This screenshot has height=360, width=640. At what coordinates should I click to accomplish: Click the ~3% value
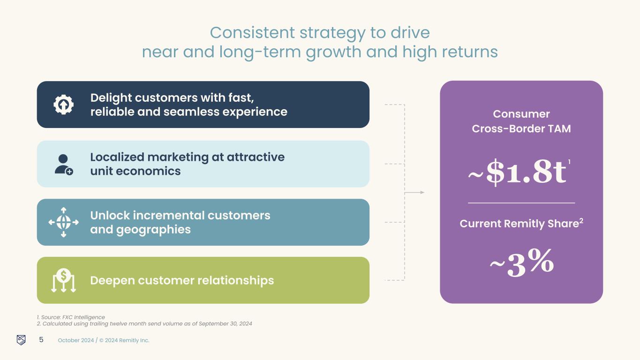pos(521,263)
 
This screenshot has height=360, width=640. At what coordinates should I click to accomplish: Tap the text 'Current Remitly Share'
pos(519,224)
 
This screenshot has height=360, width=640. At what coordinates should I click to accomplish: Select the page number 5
pos(41,340)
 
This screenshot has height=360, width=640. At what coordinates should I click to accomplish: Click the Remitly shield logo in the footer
pos(21,340)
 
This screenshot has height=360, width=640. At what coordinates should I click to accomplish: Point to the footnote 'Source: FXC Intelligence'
pos(73,317)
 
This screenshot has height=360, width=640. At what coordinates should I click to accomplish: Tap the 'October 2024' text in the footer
pos(75,340)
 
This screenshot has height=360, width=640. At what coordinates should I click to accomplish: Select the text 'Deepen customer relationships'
pos(182,280)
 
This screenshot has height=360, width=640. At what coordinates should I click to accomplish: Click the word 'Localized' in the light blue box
pos(118,157)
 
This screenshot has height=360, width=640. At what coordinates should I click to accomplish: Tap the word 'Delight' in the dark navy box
pos(111,97)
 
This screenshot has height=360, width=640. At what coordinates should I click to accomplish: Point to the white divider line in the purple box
pos(521,203)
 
